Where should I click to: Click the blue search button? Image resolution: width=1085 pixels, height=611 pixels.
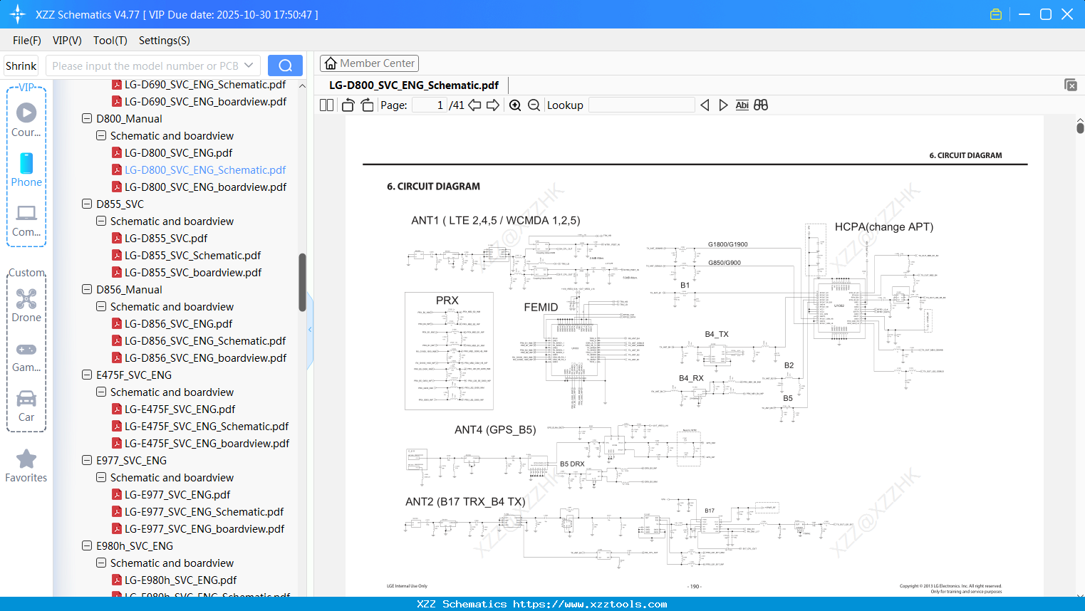coord(285,66)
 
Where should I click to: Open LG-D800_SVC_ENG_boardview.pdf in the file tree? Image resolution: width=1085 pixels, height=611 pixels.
coord(205,187)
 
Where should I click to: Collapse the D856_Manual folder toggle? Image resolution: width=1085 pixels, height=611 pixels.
coord(87,290)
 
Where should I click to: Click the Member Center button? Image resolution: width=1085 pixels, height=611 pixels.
coord(369,63)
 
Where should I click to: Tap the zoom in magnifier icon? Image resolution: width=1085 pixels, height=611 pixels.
coord(515,105)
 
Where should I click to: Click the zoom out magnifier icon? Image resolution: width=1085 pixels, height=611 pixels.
coord(534,105)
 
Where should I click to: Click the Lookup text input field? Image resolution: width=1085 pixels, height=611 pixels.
coord(641,105)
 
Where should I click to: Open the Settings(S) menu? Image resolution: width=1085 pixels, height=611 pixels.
coord(164,41)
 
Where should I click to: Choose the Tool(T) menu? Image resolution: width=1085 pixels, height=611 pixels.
coord(110,41)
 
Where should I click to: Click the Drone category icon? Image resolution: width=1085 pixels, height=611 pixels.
coord(26,299)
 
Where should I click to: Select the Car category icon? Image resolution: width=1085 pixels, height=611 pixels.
coord(26,399)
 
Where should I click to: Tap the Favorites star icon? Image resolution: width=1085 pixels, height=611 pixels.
coord(26,459)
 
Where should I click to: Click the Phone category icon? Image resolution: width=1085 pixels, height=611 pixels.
coord(26,164)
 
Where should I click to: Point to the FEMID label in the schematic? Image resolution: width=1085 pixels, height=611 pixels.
coord(541,308)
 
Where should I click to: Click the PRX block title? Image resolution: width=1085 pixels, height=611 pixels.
coord(447,301)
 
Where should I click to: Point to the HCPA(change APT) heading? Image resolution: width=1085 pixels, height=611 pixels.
coord(883,227)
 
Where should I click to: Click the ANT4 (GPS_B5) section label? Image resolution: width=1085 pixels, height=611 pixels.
coord(495,430)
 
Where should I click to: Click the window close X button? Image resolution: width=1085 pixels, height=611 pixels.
coord(1067,14)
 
